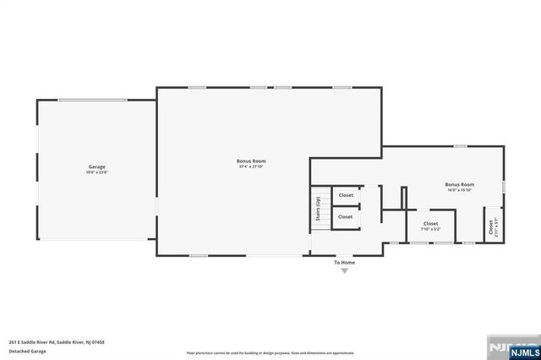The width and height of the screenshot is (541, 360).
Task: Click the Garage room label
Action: [97, 166]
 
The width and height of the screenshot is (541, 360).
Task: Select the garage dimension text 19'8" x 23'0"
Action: [97, 172]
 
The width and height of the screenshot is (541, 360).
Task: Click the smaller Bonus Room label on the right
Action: [460, 183]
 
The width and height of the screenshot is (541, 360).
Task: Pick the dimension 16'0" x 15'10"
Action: [460, 189]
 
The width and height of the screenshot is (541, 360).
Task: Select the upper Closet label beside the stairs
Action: [346, 195]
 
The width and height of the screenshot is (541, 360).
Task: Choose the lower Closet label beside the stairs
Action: [346, 216]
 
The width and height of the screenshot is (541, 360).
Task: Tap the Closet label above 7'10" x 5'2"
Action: [431, 223]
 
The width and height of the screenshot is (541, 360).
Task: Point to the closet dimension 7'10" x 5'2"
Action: [431, 229]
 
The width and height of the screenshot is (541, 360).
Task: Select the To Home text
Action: [344, 262]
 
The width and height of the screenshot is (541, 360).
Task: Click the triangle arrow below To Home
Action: [344, 270]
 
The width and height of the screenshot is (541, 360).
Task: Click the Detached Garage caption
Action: [27, 352]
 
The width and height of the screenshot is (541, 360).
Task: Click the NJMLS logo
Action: [518, 346]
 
